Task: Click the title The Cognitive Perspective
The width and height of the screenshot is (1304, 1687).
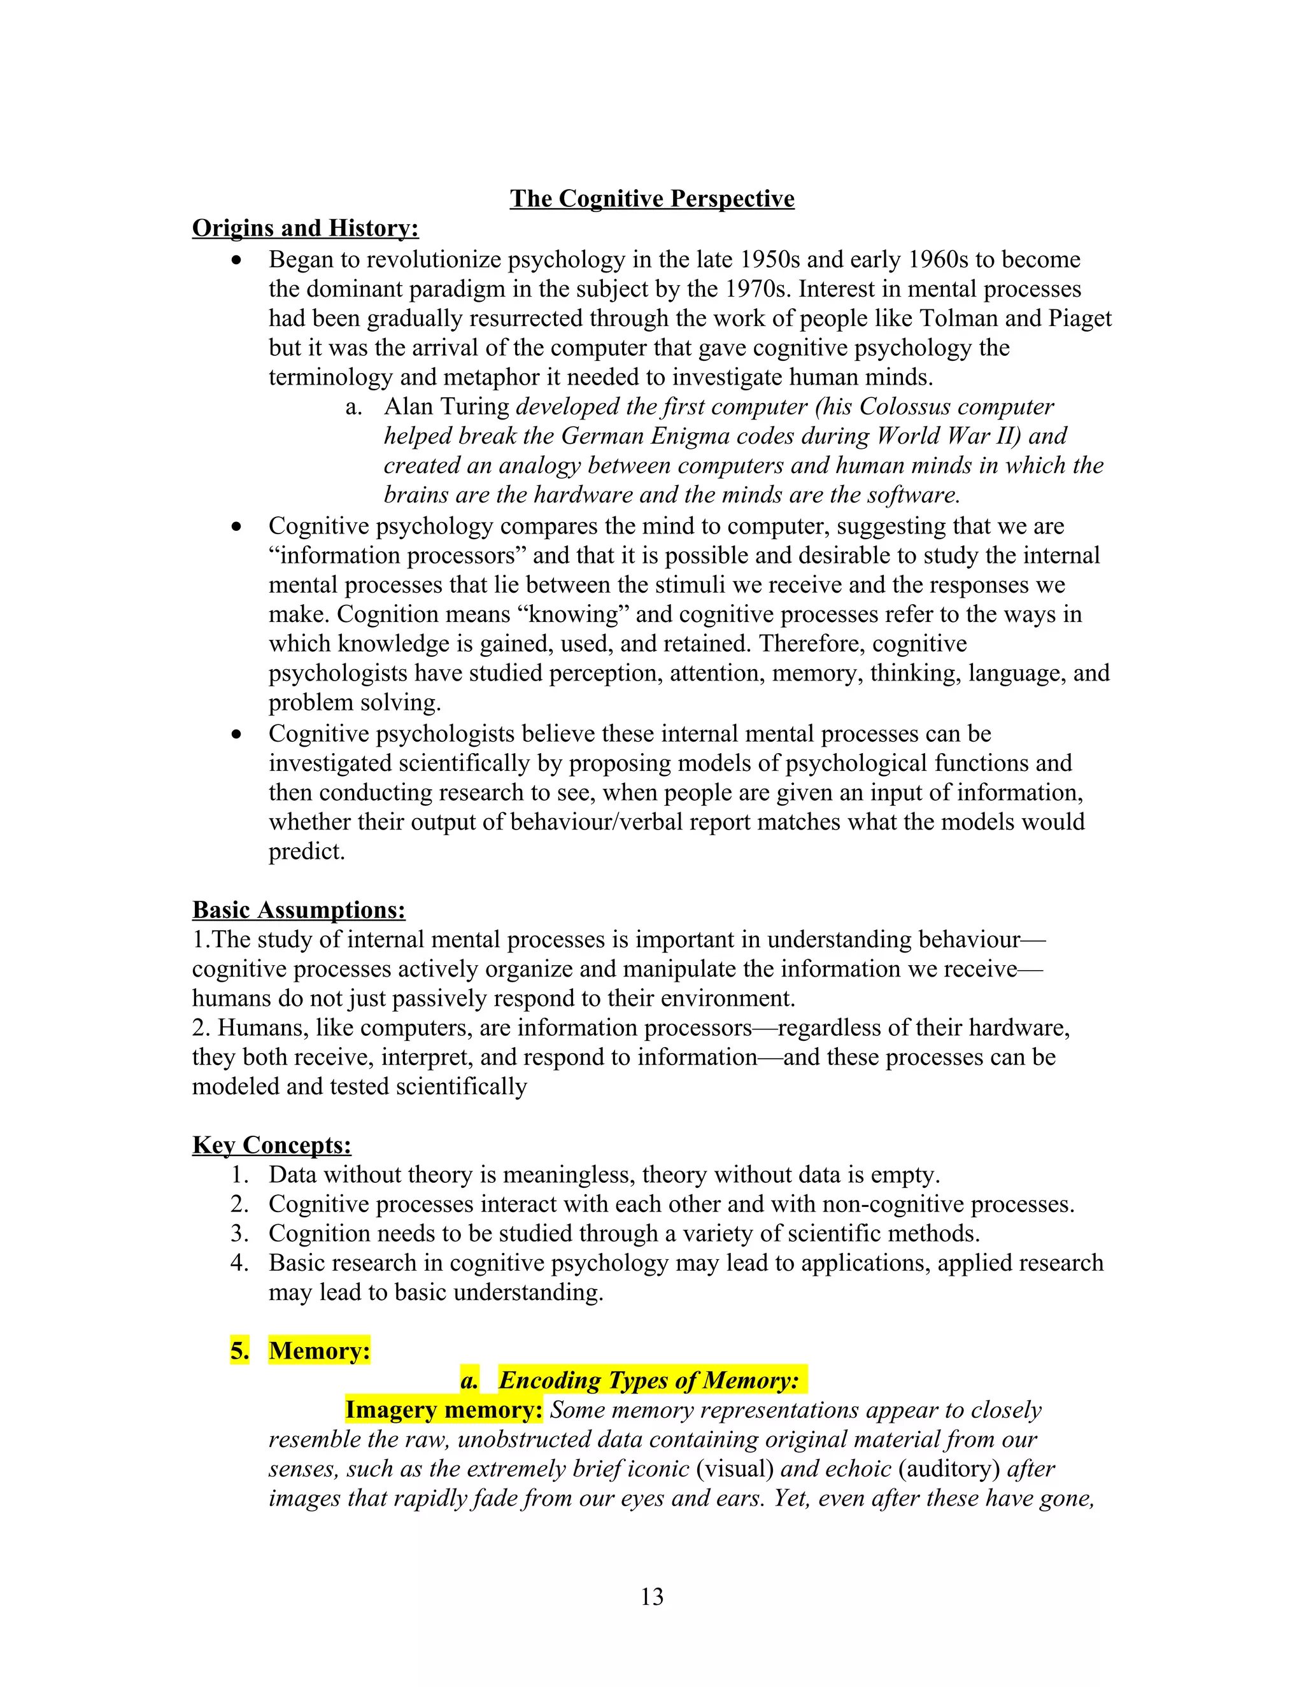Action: tap(651, 199)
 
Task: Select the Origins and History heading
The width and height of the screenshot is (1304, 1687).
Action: tap(305, 228)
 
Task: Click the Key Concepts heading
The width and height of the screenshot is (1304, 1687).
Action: tap(271, 1145)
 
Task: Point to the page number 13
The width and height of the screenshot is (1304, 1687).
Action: tap(651, 1595)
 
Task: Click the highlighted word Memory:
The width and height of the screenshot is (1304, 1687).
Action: tap(319, 1350)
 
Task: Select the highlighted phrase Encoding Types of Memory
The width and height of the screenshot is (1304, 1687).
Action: tap(648, 1380)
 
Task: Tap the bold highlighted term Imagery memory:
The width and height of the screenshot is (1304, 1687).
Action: tap(444, 1409)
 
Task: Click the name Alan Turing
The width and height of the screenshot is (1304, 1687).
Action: tap(446, 406)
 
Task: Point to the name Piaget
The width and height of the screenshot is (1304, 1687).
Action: tap(1080, 318)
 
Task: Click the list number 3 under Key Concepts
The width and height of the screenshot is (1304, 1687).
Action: tap(239, 1233)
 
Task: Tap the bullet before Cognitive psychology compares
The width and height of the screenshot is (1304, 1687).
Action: tap(237, 528)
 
